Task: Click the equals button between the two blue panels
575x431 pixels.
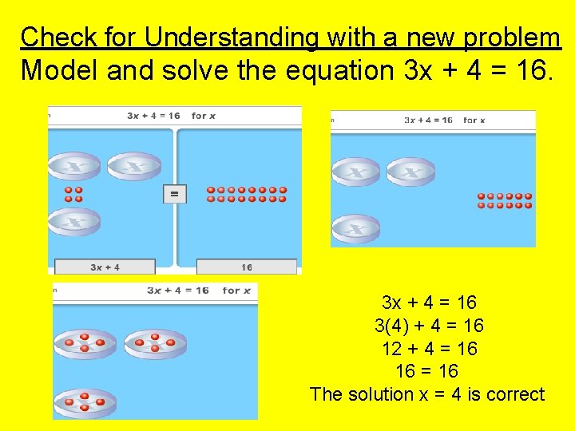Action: click(174, 193)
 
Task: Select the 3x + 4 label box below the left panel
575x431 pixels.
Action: click(105, 267)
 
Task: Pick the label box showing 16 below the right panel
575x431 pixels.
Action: click(246, 267)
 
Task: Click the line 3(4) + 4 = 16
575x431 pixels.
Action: click(429, 326)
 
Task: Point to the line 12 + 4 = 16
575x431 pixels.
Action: click(429, 349)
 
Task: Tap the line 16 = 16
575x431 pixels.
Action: click(427, 371)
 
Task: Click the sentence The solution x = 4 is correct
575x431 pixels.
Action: click(426, 394)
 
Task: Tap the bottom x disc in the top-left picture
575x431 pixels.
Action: click(74, 220)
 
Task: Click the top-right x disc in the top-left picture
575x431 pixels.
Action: click(133, 165)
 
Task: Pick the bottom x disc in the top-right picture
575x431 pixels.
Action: click(355, 228)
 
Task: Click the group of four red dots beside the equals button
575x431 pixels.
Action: click(73, 194)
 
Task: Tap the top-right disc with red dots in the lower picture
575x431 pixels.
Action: click(154, 343)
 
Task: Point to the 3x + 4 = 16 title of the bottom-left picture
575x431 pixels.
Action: click(178, 291)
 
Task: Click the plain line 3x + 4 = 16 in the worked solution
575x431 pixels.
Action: click(429, 302)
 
